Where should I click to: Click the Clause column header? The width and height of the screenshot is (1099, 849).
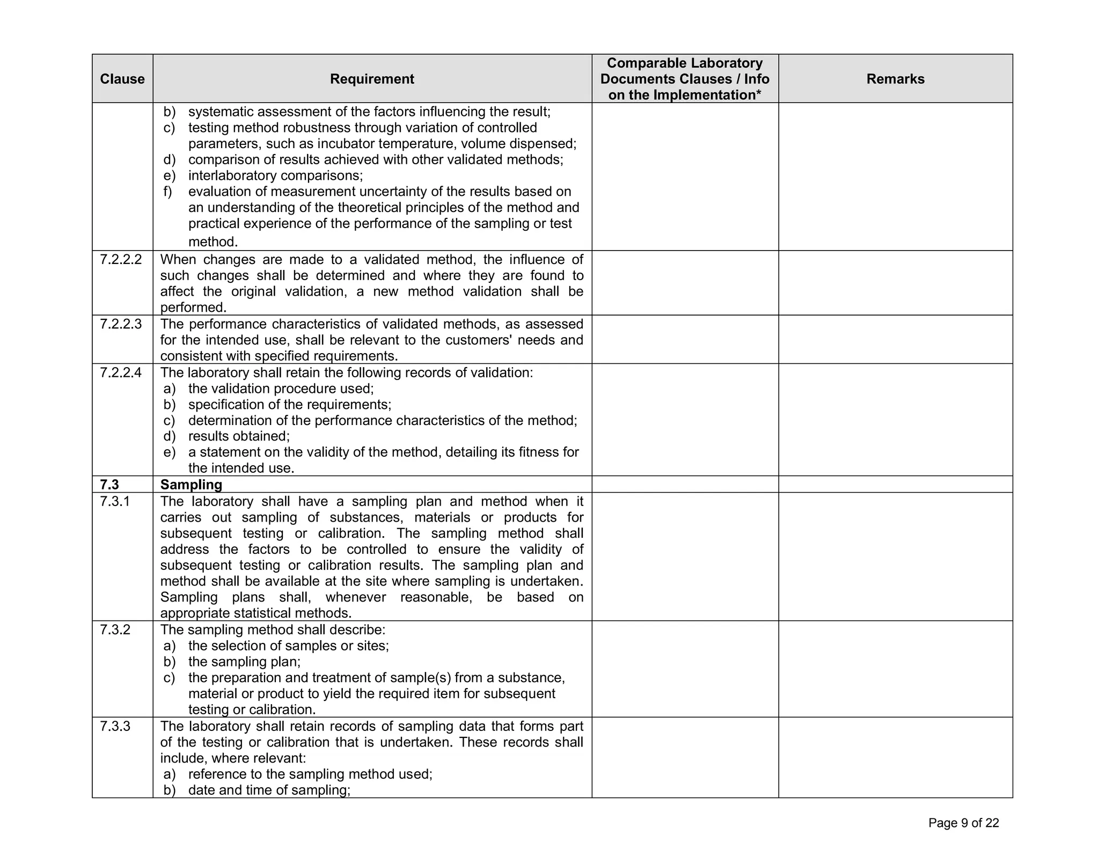(x=122, y=79)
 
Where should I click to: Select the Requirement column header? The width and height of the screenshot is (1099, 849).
(x=372, y=79)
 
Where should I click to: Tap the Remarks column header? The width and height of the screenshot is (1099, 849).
(x=895, y=79)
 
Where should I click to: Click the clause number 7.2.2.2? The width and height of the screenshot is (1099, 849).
(x=121, y=260)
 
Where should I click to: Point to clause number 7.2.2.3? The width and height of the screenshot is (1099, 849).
(x=121, y=324)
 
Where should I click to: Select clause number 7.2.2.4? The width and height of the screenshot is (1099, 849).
(x=121, y=372)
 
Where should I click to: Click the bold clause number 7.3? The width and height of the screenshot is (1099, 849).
(x=109, y=485)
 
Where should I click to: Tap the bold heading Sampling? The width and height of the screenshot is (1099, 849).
(x=191, y=485)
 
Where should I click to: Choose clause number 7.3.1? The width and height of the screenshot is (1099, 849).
(x=115, y=501)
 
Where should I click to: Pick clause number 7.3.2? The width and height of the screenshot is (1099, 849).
(x=115, y=630)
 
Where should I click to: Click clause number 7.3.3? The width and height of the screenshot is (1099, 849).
(x=115, y=726)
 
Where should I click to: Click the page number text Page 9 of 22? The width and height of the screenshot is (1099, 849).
(x=963, y=823)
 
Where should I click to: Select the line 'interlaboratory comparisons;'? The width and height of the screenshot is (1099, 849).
(x=275, y=175)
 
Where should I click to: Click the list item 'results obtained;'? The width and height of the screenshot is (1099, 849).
(x=239, y=436)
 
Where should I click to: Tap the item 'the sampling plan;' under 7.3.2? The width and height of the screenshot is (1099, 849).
(x=244, y=662)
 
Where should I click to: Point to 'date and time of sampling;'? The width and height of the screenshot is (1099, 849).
(x=269, y=790)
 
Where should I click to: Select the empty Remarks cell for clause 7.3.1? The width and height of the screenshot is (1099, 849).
(x=895, y=557)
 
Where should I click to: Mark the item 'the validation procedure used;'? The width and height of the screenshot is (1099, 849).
(x=281, y=389)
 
